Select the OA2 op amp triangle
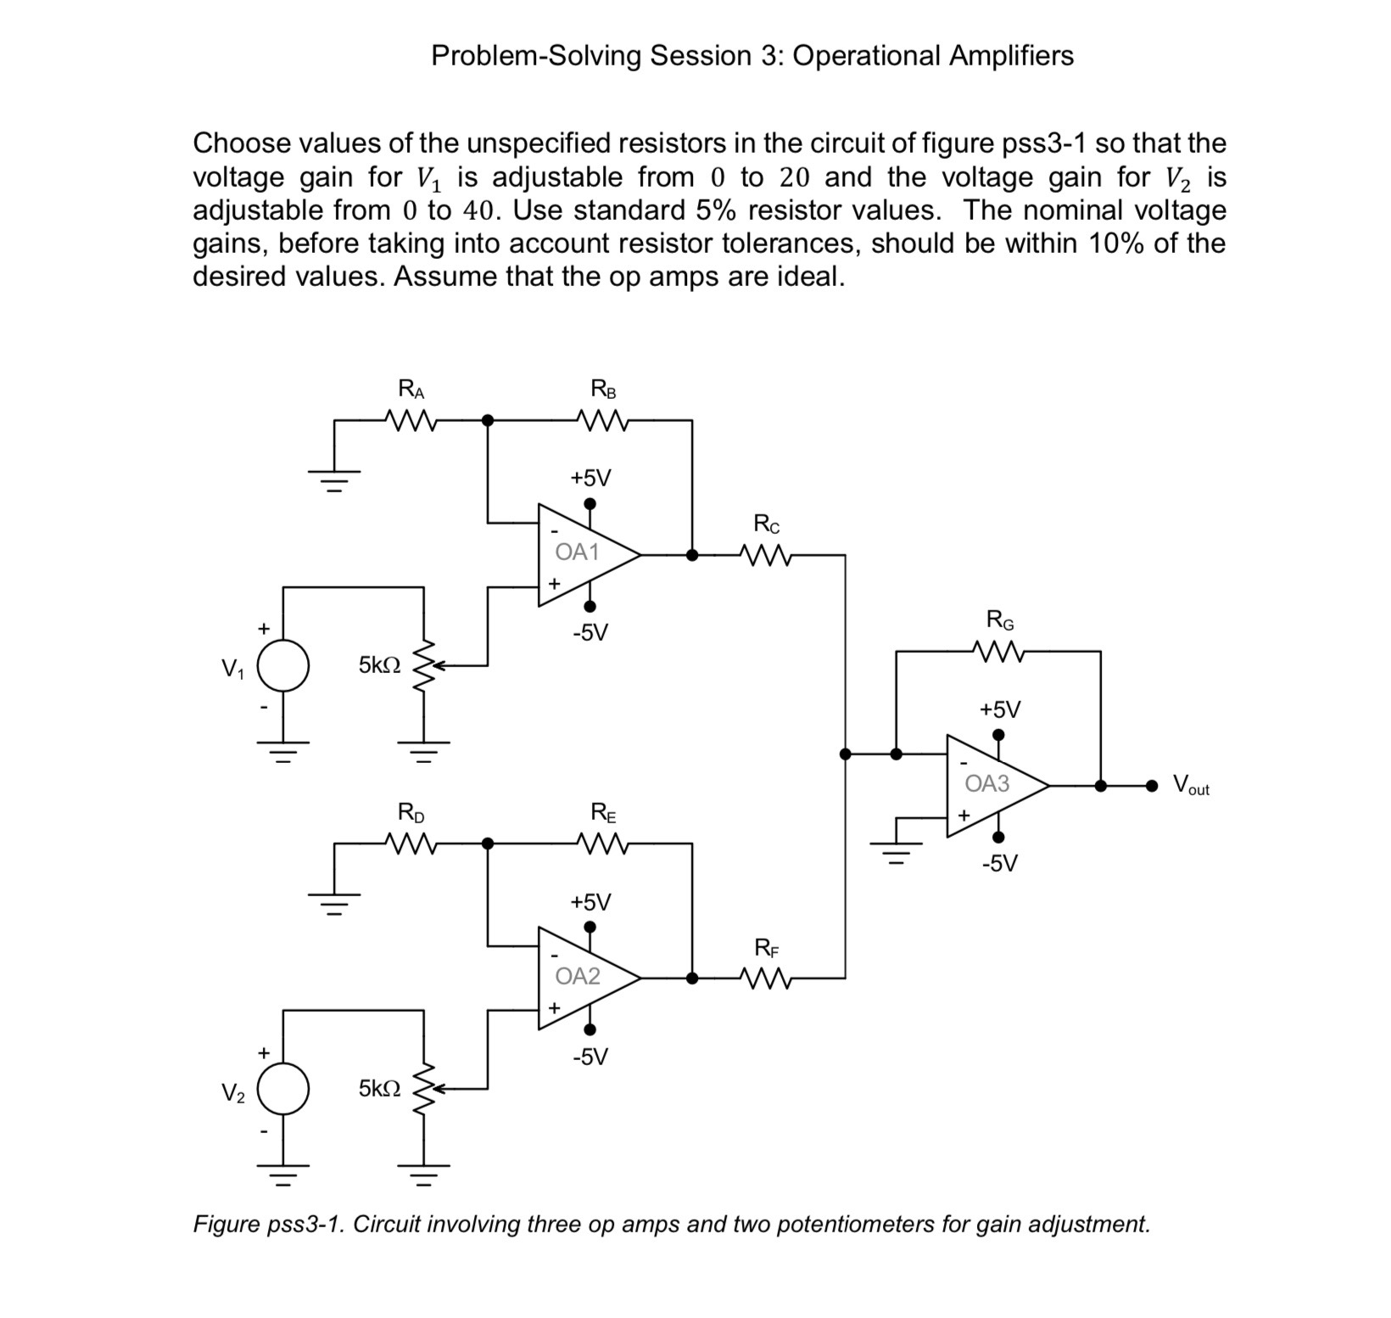[581, 978]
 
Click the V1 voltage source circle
[283, 665]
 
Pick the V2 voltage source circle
[283, 1089]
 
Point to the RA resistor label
[411, 390]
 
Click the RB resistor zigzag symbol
[602, 420]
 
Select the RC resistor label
[767, 524]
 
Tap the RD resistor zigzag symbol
[411, 844]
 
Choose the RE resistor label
[603, 813]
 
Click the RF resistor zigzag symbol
[767, 979]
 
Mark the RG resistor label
[1000, 620]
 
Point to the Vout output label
[1191, 785]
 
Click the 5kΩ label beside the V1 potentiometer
[379, 665]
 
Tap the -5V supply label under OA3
[1000, 864]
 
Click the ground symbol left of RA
[335, 482]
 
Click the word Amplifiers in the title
[1010, 56]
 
